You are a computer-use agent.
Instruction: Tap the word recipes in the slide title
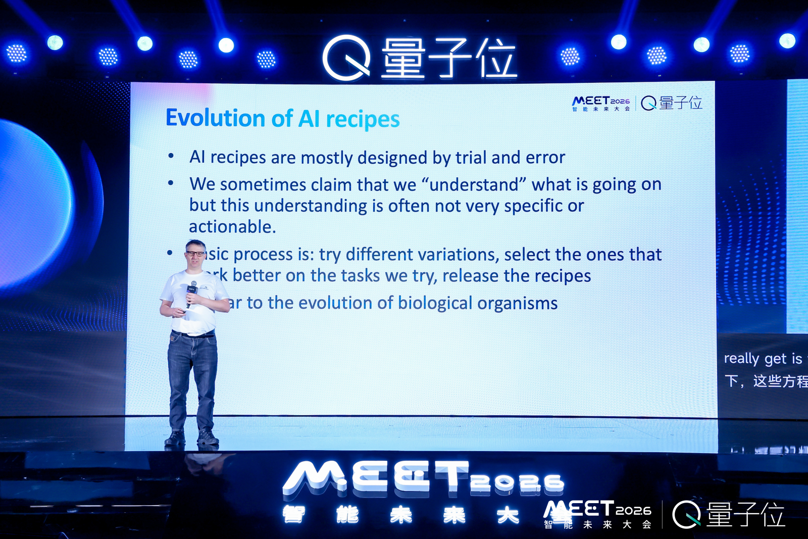(363, 120)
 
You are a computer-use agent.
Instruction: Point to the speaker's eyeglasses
(195, 254)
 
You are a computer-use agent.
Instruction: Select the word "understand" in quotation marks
(474, 185)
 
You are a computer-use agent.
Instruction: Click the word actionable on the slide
(232, 227)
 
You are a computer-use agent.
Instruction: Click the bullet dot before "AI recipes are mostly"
(171, 156)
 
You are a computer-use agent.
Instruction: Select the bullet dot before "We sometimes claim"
(171, 183)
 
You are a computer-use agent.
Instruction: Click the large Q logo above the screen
(347, 58)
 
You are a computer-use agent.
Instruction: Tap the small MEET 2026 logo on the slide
(601, 103)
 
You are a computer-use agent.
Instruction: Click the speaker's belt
(193, 334)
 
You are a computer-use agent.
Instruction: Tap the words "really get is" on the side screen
(763, 359)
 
